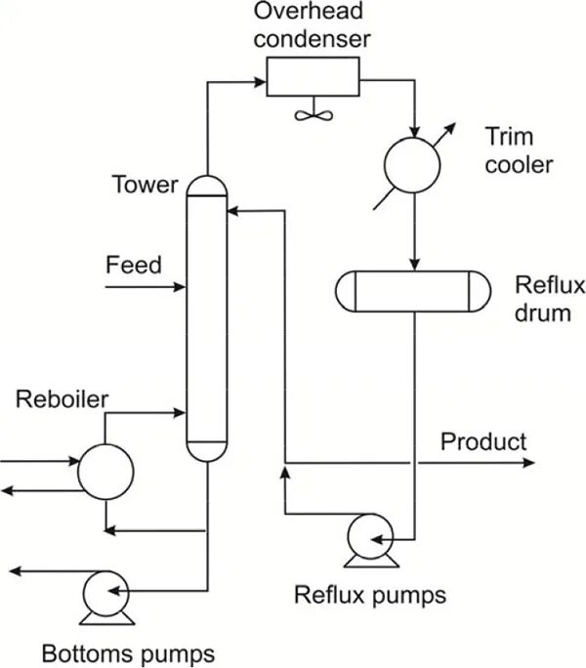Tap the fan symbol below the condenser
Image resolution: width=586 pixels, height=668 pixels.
point(312,112)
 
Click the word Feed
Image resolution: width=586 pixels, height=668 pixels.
point(134,265)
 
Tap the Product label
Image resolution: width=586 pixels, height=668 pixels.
point(482,441)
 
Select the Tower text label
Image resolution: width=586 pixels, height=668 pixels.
point(145,185)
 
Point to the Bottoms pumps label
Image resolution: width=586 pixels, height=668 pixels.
point(127,651)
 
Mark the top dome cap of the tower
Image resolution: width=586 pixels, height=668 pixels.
point(206,186)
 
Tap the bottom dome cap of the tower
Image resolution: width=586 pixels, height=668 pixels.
point(206,451)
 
